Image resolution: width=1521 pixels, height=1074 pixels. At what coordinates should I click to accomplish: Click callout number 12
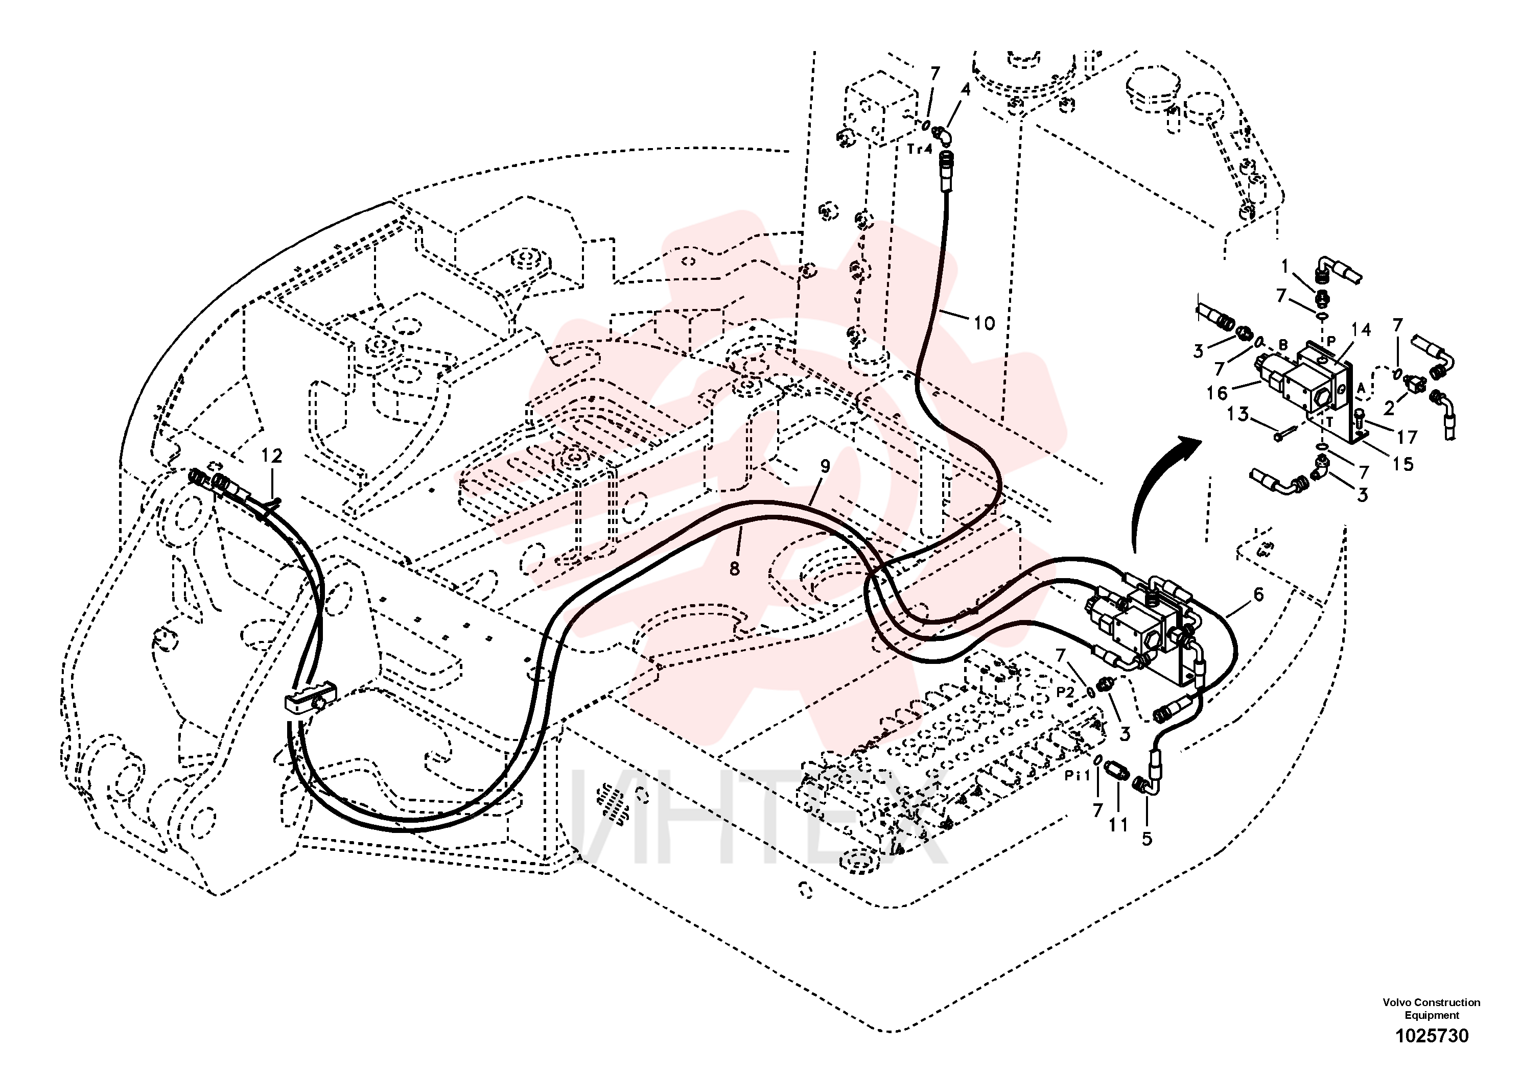point(272,456)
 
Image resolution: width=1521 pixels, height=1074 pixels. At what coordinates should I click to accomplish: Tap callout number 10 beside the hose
point(985,323)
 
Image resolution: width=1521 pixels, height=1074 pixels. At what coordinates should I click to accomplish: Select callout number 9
point(825,466)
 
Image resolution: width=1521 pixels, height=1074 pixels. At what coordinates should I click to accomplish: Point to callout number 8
point(734,568)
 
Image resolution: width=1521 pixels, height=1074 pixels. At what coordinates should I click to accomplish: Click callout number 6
point(1258,594)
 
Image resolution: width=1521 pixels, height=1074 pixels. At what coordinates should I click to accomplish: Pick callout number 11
point(1118,825)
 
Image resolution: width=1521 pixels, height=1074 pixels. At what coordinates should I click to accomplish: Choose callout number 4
point(965,89)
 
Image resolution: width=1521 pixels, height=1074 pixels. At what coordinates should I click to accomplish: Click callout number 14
point(1361,330)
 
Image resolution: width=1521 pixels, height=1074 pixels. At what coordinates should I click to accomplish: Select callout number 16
point(1217,393)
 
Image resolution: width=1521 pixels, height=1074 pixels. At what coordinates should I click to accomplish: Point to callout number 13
point(1237,415)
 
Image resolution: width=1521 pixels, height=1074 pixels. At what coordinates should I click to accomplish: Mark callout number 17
point(1407,437)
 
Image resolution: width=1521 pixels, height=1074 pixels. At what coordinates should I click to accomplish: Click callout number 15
point(1402,464)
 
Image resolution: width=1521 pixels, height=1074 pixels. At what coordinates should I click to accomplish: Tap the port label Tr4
point(920,149)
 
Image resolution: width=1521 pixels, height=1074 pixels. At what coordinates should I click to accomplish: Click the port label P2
point(1065,692)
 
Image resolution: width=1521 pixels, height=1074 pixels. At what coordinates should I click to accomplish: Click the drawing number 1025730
point(1432,1036)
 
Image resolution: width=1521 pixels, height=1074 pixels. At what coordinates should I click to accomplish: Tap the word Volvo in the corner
point(1397,1003)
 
